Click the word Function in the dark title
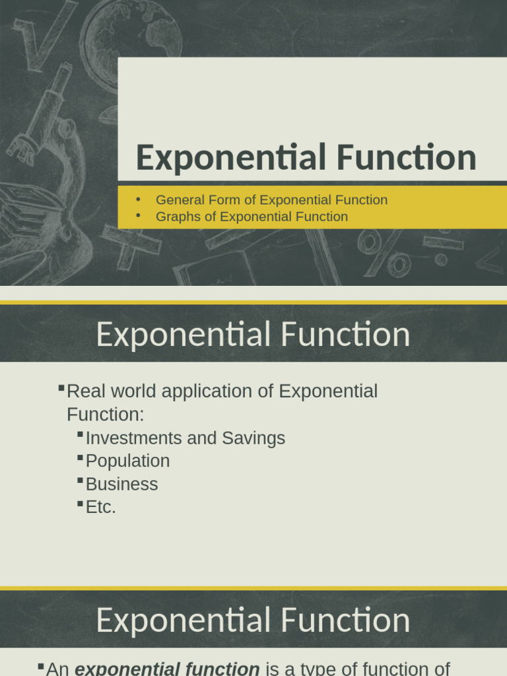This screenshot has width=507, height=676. pyautogui.click(x=405, y=158)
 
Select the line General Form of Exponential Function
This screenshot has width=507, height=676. pyautogui.click(x=271, y=200)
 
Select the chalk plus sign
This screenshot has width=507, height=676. pyautogui.click(x=131, y=245)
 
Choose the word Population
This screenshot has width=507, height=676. pyautogui.click(x=127, y=461)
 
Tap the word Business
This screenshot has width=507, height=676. pyautogui.click(x=121, y=484)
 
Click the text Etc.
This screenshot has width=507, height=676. pyautogui.click(x=100, y=507)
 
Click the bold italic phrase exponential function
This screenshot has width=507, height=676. pyautogui.click(x=166, y=669)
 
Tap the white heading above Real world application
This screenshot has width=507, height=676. pyautogui.click(x=253, y=335)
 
